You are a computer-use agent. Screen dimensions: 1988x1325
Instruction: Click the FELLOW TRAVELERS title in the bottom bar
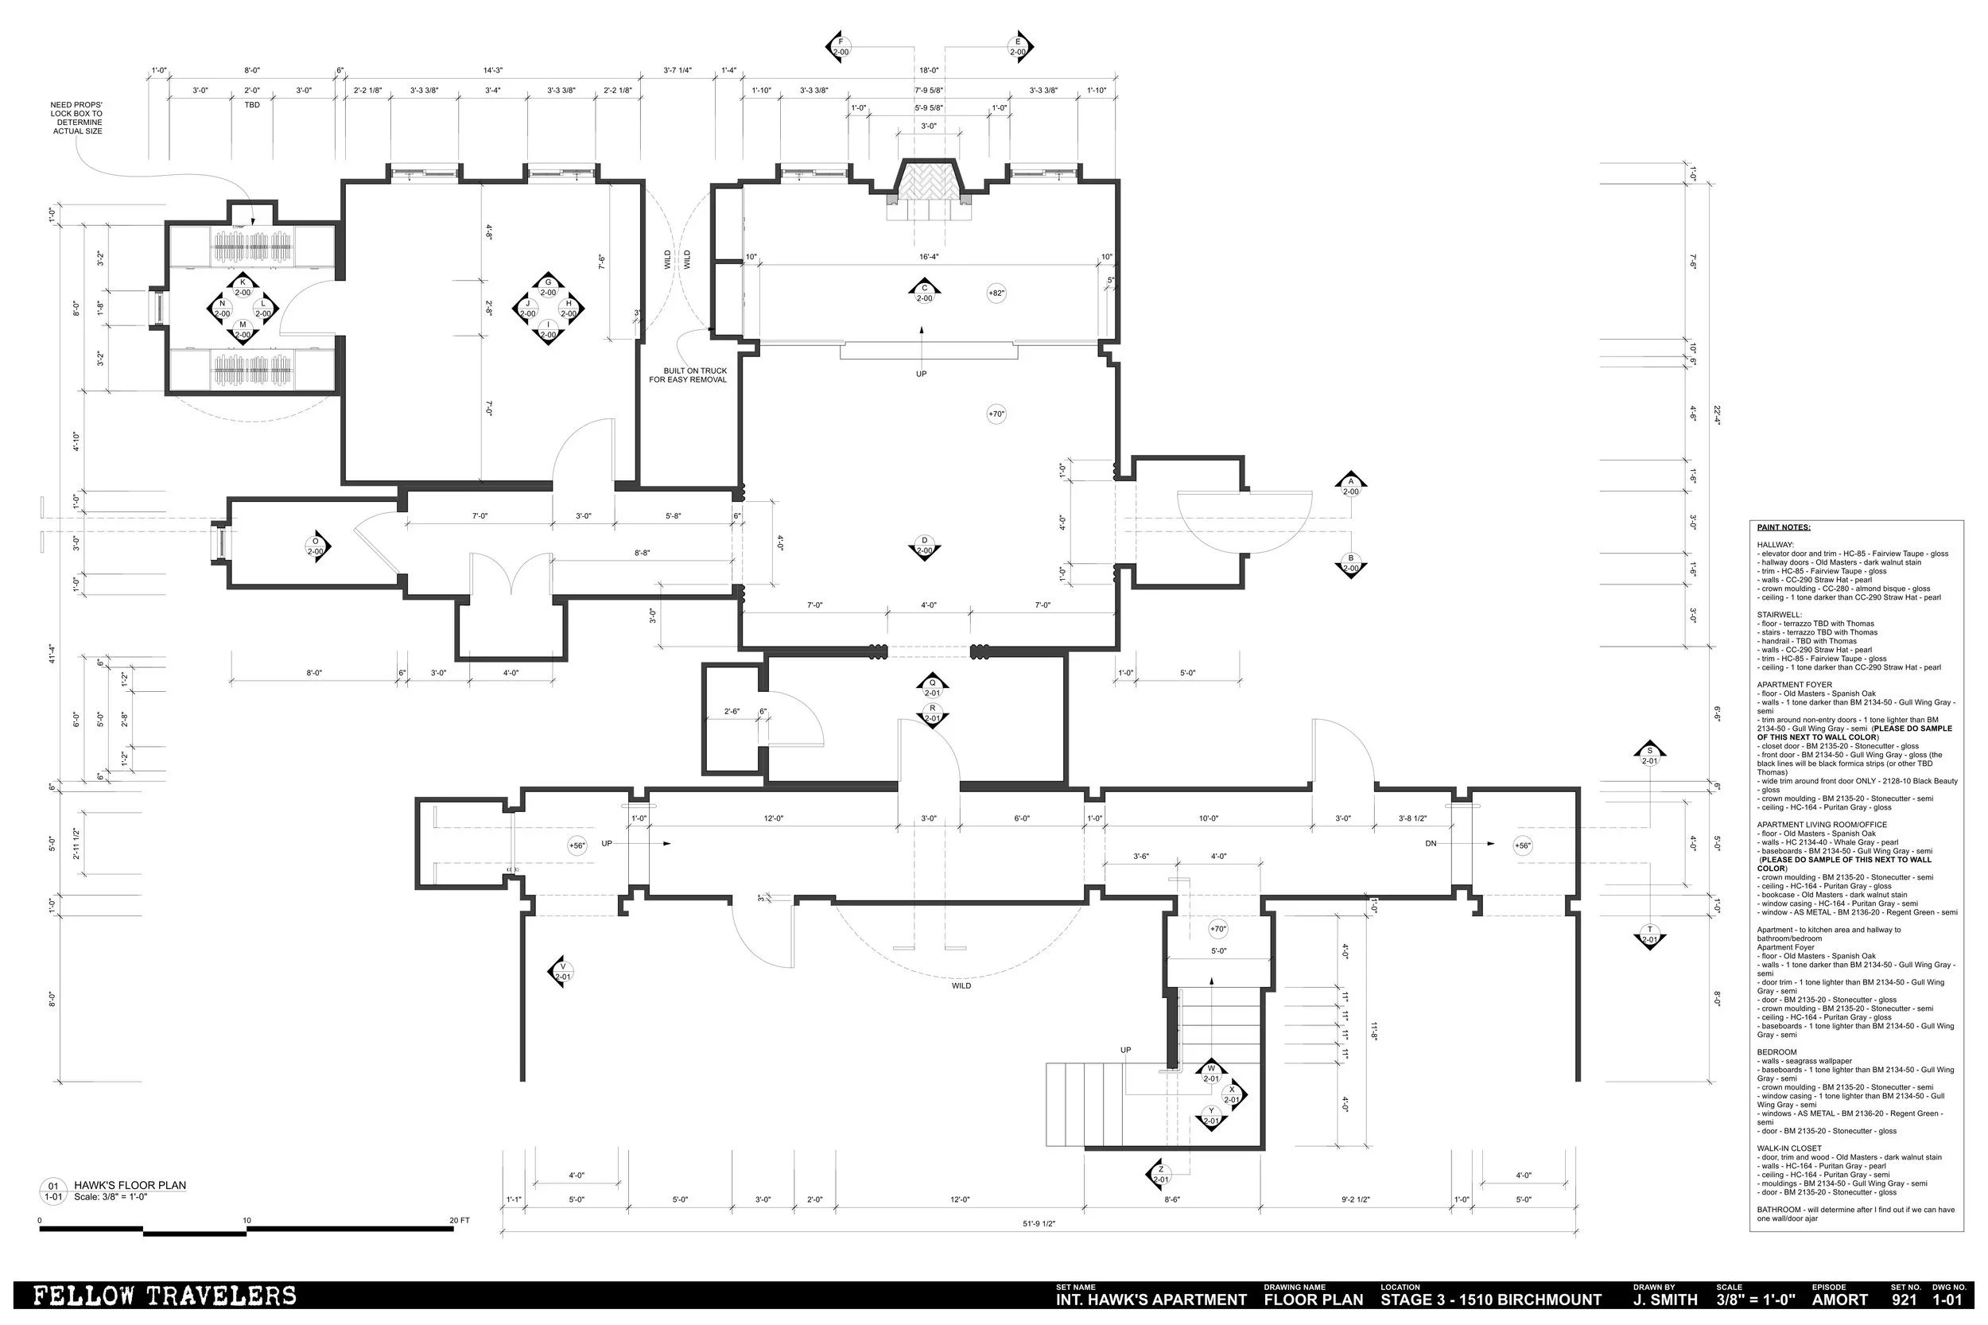click(x=165, y=1296)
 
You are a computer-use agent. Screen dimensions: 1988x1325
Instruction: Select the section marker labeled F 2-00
click(x=840, y=48)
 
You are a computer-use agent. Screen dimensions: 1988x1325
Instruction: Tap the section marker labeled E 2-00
click(x=1018, y=48)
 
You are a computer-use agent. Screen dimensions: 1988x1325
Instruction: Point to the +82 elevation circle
click(x=996, y=293)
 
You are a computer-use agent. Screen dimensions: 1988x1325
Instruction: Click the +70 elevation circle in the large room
click(x=996, y=414)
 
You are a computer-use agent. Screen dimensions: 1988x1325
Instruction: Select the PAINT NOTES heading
click(x=1784, y=527)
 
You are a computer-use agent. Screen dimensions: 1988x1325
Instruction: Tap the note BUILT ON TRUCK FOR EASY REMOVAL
click(x=689, y=375)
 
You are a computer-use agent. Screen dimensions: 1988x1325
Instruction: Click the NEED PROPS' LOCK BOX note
click(x=77, y=119)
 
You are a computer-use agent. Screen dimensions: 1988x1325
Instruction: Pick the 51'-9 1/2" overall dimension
click(x=1039, y=1222)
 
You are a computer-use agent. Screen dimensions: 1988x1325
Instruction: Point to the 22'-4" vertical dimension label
click(x=1717, y=414)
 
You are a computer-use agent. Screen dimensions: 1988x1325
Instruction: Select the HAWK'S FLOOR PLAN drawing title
click(x=130, y=1185)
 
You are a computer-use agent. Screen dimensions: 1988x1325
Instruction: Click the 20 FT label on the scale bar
click(x=460, y=1220)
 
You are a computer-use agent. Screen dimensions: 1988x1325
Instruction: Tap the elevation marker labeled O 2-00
click(x=316, y=546)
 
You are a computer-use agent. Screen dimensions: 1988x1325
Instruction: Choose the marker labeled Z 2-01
click(x=1161, y=1175)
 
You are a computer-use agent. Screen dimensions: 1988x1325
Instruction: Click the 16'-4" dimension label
click(x=929, y=257)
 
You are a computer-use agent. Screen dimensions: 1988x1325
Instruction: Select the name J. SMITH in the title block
click(x=1664, y=1300)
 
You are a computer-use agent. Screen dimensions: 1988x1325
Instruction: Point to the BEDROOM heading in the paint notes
click(x=1776, y=1052)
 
